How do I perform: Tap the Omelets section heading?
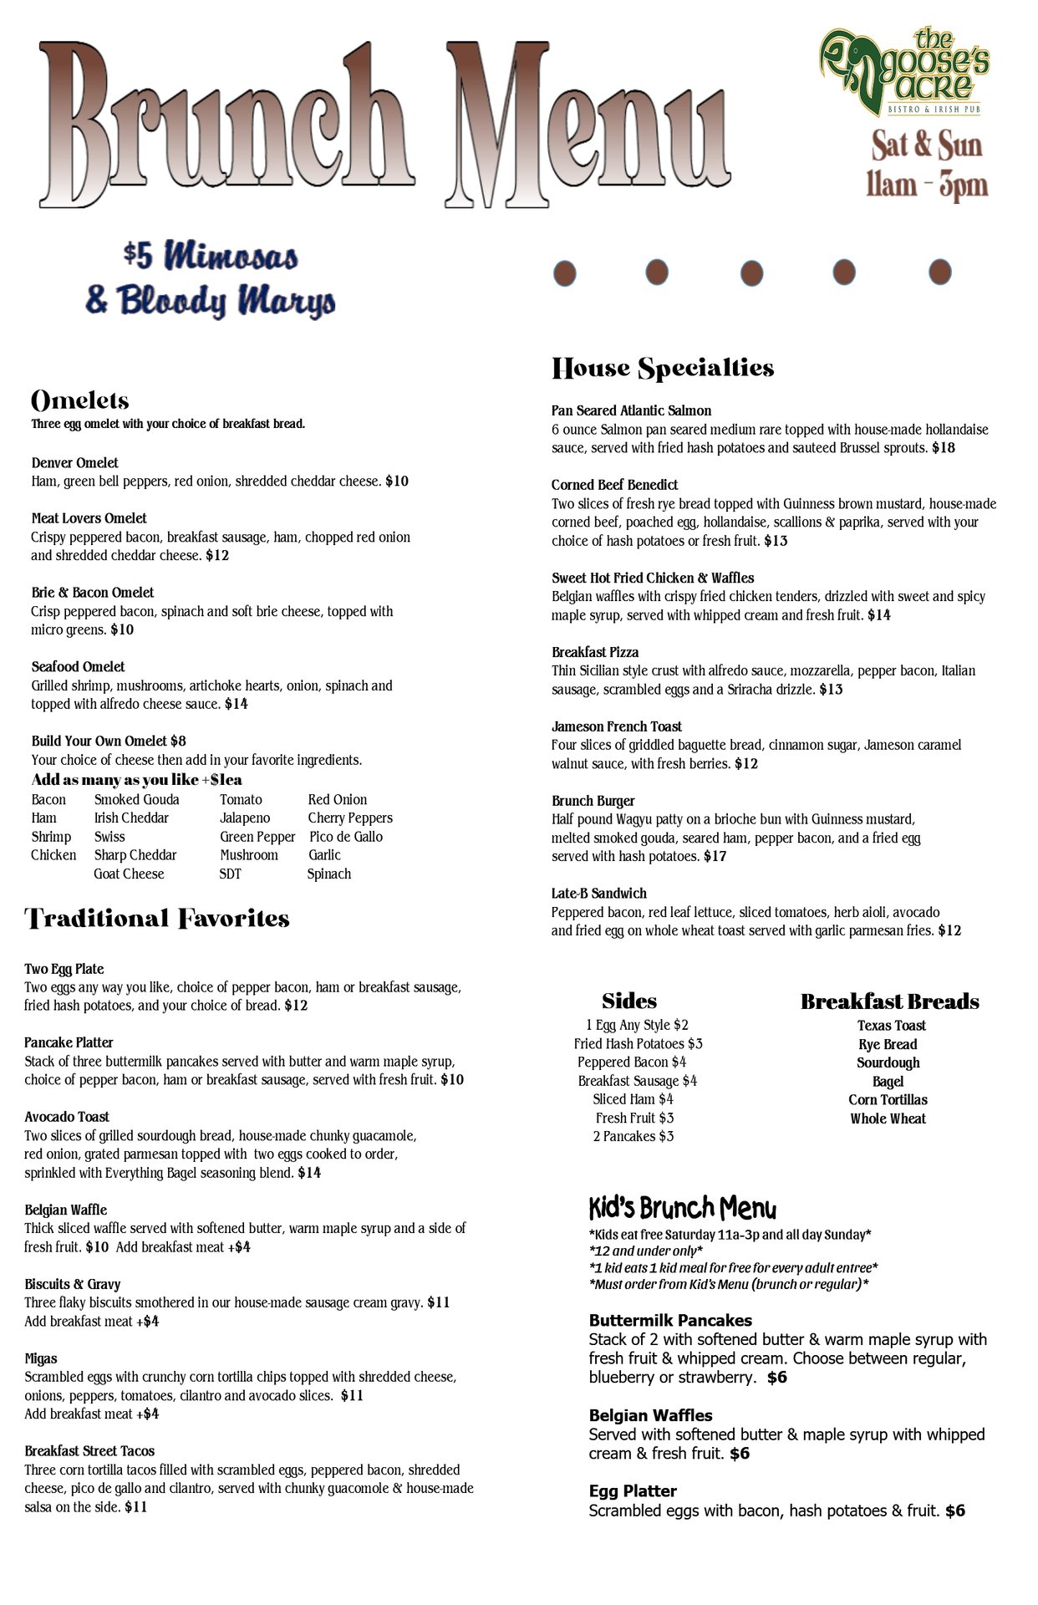tap(79, 400)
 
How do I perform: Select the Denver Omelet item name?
tap(74, 463)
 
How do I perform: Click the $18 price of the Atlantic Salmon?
tap(944, 448)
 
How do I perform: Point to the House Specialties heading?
tap(662, 369)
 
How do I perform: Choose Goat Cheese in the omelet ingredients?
tap(129, 874)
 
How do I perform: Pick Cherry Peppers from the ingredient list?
tap(349, 818)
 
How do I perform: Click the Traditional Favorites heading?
tap(157, 919)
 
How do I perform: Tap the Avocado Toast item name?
tap(67, 1118)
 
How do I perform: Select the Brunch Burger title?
tap(593, 802)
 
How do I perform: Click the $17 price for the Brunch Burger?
tap(715, 857)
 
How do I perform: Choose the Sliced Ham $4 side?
tap(633, 1100)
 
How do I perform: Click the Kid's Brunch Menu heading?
tap(682, 1209)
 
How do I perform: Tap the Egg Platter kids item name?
tap(633, 1491)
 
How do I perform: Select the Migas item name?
tap(41, 1359)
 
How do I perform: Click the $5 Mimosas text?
tap(210, 257)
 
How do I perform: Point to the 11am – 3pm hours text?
tap(926, 184)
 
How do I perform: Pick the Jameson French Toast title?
tap(616, 727)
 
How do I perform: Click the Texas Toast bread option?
tap(891, 1027)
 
